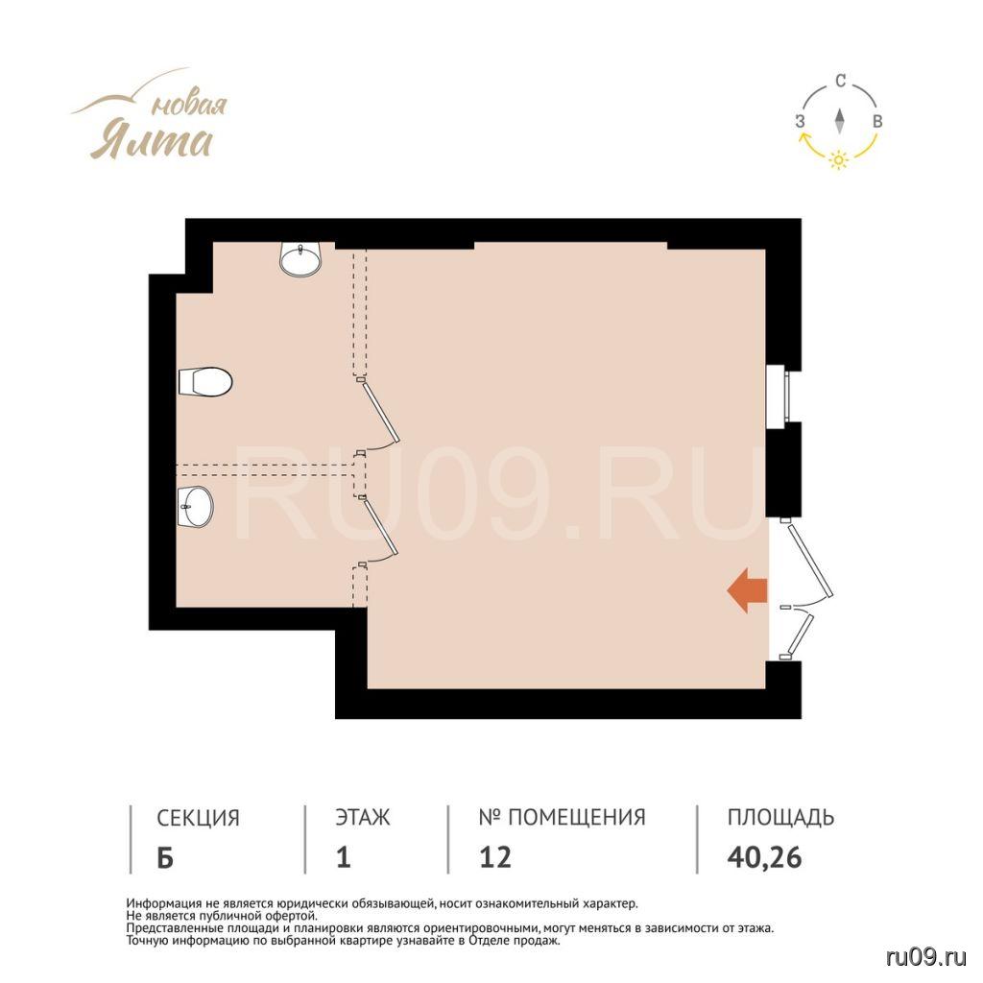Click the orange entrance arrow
coord(747,590)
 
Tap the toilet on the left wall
coord(205,382)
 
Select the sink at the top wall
coord(300,259)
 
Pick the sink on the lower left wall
coord(196,507)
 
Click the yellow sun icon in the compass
coord(839,160)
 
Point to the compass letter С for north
coord(841,81)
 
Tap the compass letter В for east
coord(877,122)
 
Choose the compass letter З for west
coord(800,122)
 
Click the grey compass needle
coord(839,121)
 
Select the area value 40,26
coord(764,857)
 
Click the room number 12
coord(495,857)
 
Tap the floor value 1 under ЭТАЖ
coord(343,857)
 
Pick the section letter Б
coord(165,857)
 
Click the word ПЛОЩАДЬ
coord(780,818)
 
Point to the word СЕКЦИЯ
coord(198,818)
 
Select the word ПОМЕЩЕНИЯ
coord(577,818)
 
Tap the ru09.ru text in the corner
coord(926,957)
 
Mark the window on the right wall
coord(778,396)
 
